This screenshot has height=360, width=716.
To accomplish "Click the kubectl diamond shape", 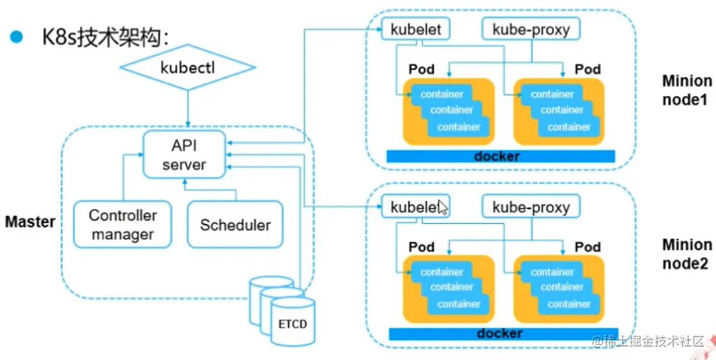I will [187, 69].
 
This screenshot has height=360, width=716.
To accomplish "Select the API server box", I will [184, 154].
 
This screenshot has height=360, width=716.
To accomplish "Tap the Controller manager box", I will [123, 225].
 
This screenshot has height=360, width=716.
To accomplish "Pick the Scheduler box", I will [235, 225].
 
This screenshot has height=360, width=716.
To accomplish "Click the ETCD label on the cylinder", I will [292, 326].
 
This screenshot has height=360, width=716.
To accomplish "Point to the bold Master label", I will [30, 222].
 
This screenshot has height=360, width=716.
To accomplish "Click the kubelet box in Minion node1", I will [415, 29].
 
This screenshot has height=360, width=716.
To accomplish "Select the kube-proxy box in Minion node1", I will [531, 29].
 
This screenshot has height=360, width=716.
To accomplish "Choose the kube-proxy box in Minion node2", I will [531, 207].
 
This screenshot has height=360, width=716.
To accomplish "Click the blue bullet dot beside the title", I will [15, 36].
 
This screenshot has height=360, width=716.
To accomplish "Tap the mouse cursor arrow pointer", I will [443, 206].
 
